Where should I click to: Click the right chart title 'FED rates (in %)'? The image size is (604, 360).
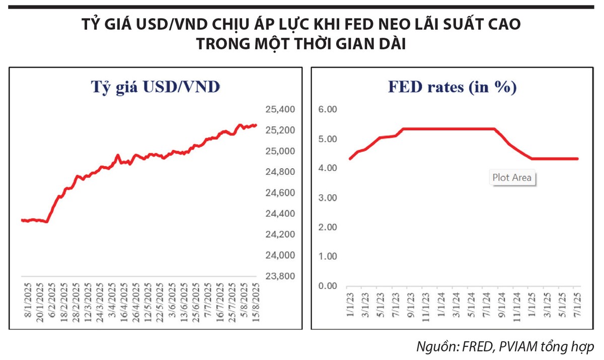[452, 87]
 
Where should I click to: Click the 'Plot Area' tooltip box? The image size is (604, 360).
[511, 177]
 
